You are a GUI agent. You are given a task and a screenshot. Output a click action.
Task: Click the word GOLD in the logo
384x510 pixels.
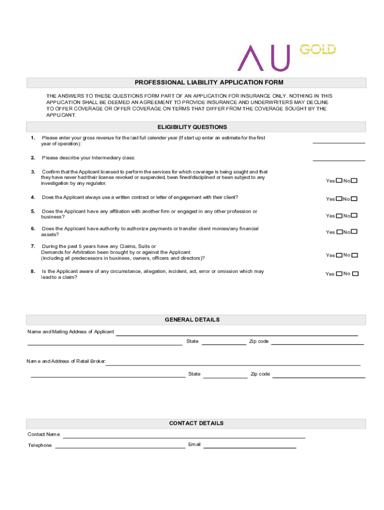318,49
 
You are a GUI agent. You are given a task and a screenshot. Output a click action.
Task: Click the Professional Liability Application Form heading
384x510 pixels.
196,82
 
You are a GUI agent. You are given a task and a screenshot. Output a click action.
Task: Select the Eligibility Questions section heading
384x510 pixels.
196,127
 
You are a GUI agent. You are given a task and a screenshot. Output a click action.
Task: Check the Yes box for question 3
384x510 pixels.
339,181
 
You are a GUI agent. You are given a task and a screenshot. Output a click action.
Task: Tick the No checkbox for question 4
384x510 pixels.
354,199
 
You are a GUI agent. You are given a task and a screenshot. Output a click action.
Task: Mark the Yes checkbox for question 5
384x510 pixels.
339,216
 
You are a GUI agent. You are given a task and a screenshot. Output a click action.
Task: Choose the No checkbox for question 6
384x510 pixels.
354,232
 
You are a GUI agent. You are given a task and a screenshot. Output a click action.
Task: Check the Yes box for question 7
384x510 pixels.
339,255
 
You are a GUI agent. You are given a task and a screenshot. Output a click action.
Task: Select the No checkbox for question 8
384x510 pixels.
355,274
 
